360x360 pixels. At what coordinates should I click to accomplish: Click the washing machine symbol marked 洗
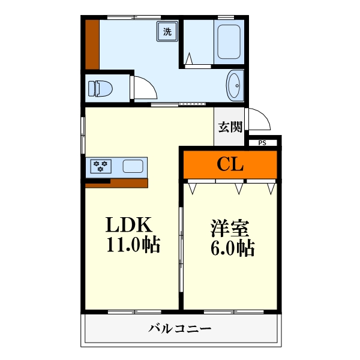(x=167, y=32)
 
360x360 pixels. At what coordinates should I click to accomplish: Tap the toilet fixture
(x=101, y=89)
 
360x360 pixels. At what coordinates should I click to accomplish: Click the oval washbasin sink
(x=234, y=84)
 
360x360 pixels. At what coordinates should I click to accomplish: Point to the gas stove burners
(x=100, y=166)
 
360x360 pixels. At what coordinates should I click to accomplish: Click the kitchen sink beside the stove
(x=132, y=166)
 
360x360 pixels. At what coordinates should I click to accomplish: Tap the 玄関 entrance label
(x=230, y=127)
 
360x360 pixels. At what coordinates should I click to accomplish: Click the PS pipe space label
(x=262, y=143)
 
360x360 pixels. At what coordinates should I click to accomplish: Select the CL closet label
(x=230, y=164)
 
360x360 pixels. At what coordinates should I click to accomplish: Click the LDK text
(x=131, y=226)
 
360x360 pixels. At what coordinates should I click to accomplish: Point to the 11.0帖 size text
(x=133, y=245)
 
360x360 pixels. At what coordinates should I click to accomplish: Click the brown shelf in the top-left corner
(x=92, y=45)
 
